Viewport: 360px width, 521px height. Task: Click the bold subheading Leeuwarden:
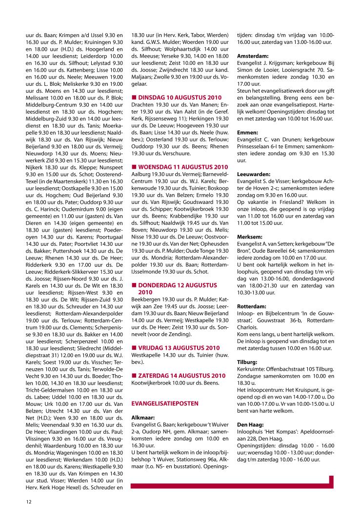[253, 174]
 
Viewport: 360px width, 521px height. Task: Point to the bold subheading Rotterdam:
[251, 306]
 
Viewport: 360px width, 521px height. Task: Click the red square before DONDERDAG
[134, 284]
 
